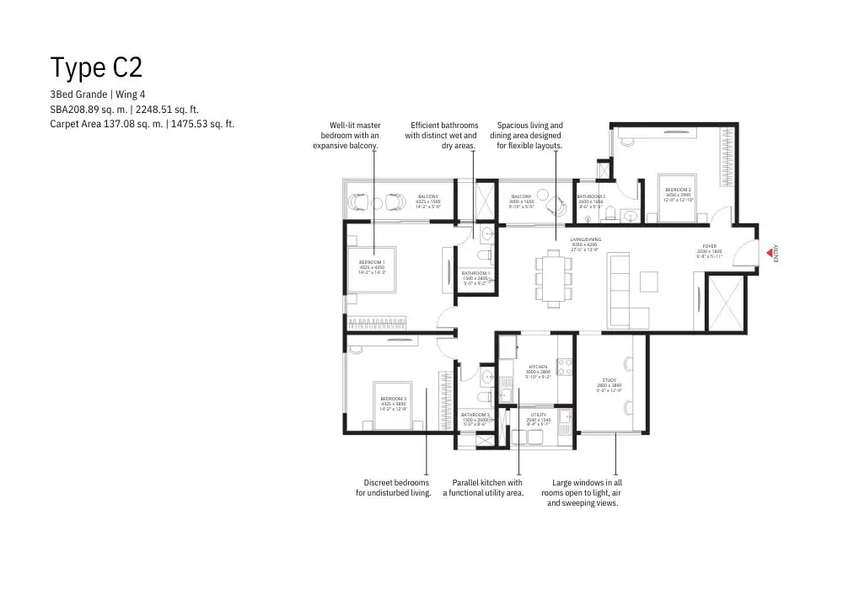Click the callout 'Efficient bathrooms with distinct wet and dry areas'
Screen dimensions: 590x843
point(441,135)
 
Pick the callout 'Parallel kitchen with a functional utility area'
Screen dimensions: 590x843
point(483,488)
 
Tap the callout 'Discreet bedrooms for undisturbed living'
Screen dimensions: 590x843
point(394,488)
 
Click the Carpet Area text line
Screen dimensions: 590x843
point(142,124)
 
